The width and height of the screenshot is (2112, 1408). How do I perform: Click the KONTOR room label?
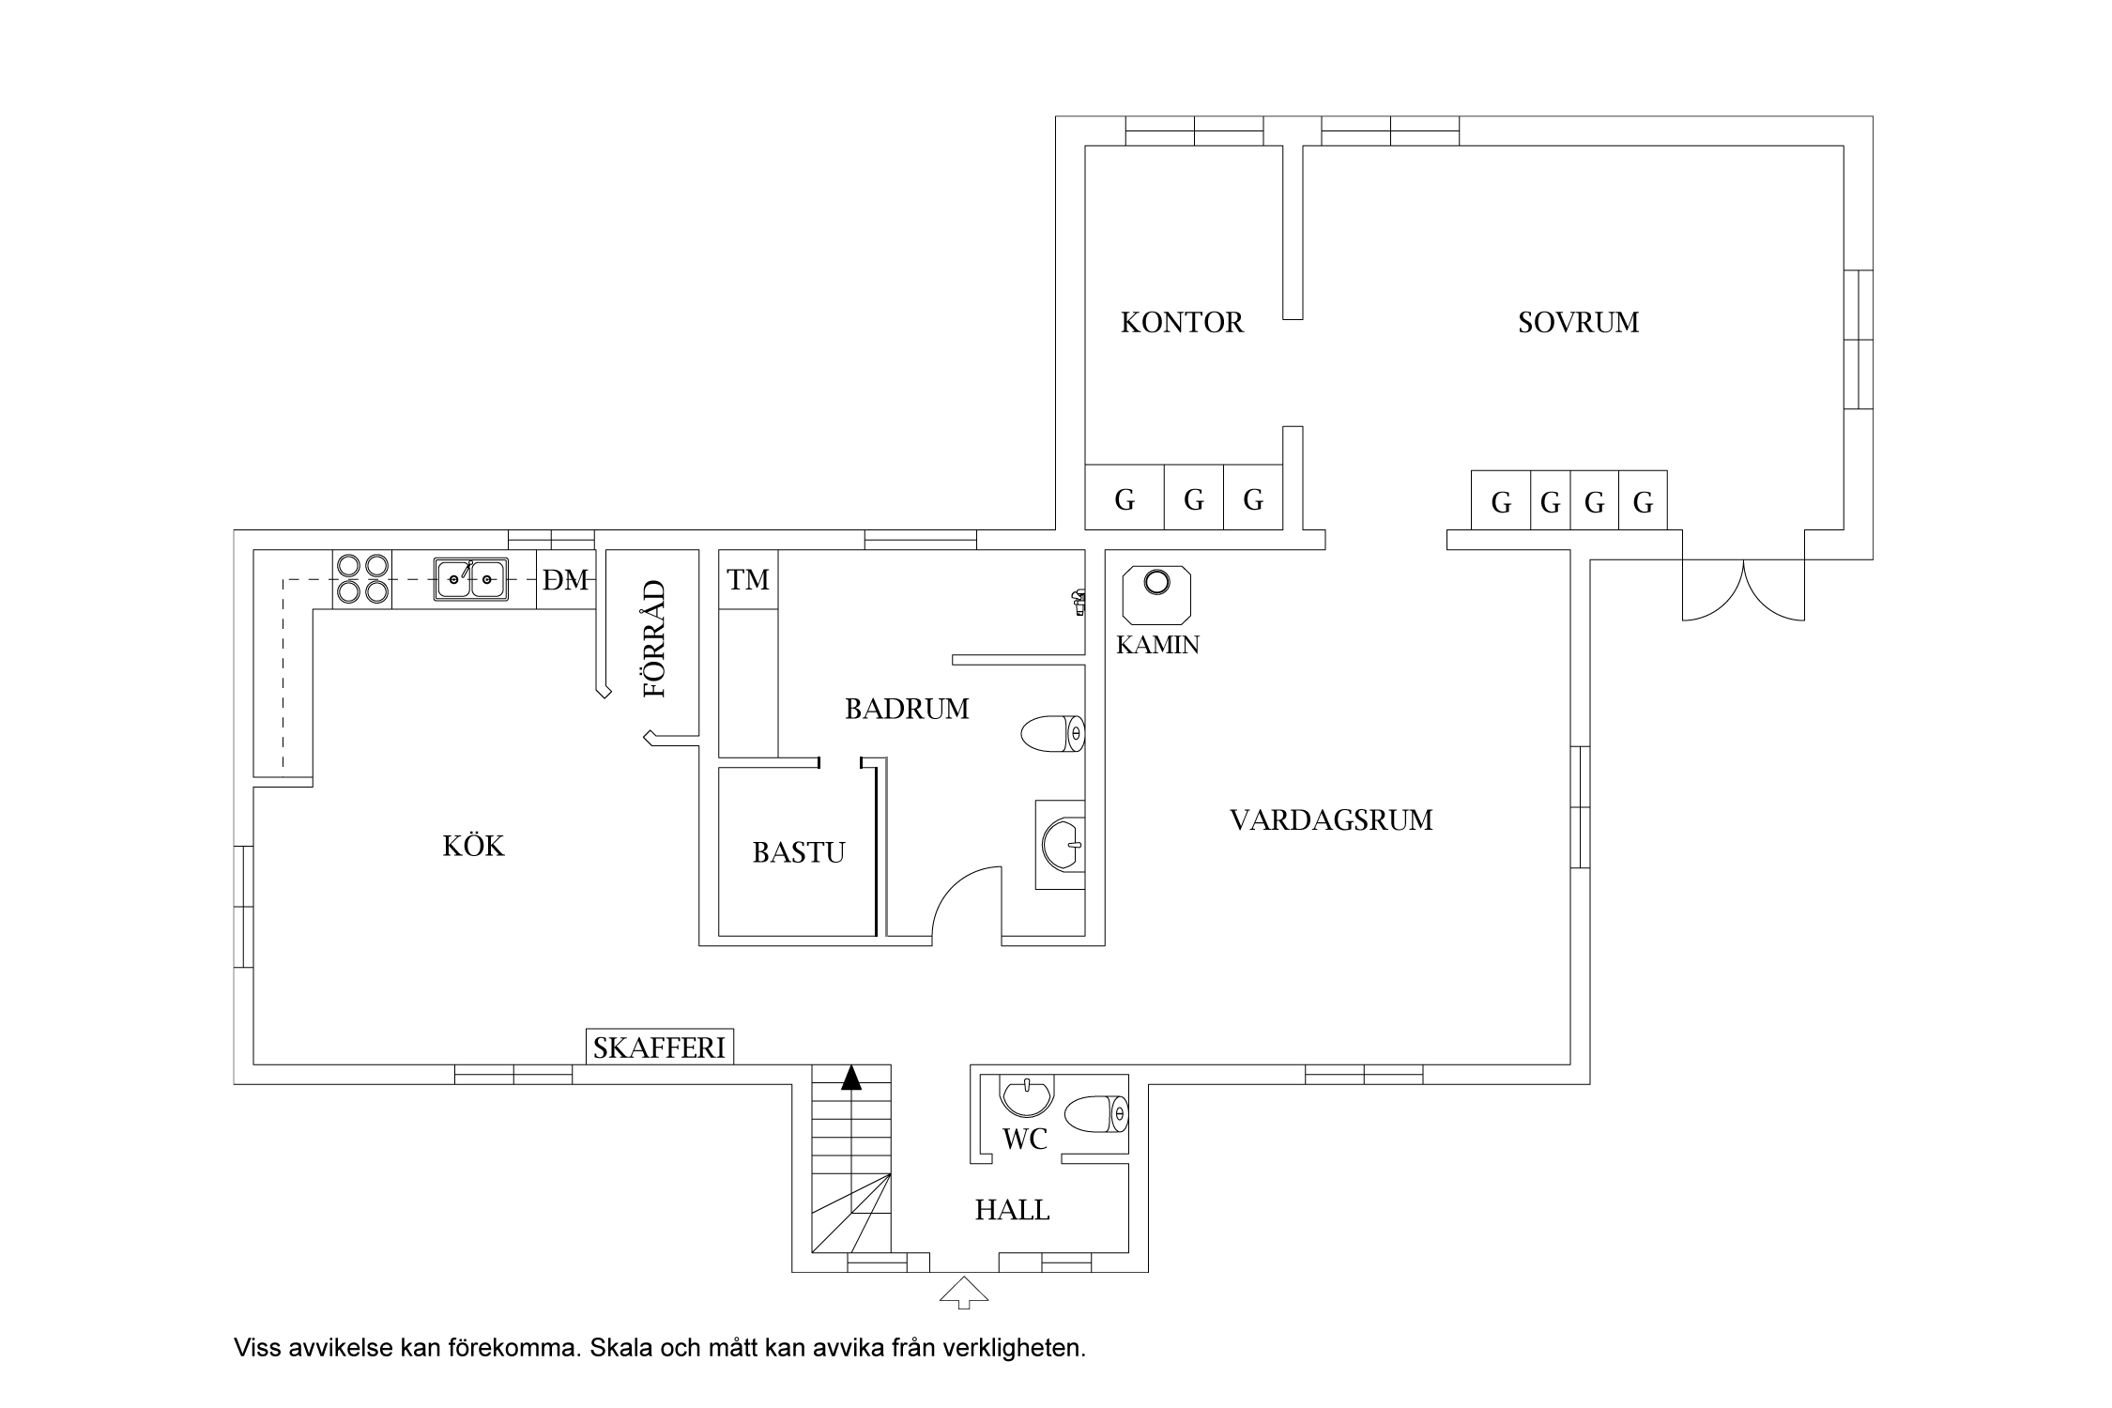pyautogui.click(x=1182, y=323)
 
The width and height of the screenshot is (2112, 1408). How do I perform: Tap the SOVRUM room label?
pyautogui.click(x=1579, y=322)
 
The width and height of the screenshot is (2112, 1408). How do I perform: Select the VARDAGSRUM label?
pyautogui.click(x=1331, y=820)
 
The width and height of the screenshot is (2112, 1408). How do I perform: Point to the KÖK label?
pyautogui.click(x=474, y=846)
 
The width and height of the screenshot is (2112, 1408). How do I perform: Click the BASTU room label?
pyautogui.click(x=799, y=852)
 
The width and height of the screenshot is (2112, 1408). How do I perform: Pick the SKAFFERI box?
pyautogui.click(x=660, y=1048)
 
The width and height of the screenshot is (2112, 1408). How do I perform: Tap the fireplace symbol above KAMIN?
pyautogui.click(x=1158, y=595)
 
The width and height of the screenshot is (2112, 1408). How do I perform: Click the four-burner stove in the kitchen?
pyautogui.click(x=362, y=579)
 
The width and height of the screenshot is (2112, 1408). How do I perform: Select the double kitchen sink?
pyautogui.click(x=471, y=578)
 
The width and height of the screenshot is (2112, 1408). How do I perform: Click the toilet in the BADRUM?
pyautogui.click(x=1052, y=734)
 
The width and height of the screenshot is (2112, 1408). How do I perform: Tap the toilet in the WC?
pyautogui.click(x=1095, y=1114)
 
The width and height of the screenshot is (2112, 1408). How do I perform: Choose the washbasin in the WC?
pyautogui.click(x=1027, y=1095)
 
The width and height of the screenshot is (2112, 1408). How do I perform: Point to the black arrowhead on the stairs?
pyautogui.click(x=851, y=1078)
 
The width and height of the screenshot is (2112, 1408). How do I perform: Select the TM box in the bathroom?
pyautogui.click(x=748, y=580)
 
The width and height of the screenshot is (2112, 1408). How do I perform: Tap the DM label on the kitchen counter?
pyautogui.click(x=566, y=581)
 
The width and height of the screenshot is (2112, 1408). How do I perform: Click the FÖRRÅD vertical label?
pyautogui.click(x=654, y=639)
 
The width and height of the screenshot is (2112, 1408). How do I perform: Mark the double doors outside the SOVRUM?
pyautogui.click(x=1743, y=590)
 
